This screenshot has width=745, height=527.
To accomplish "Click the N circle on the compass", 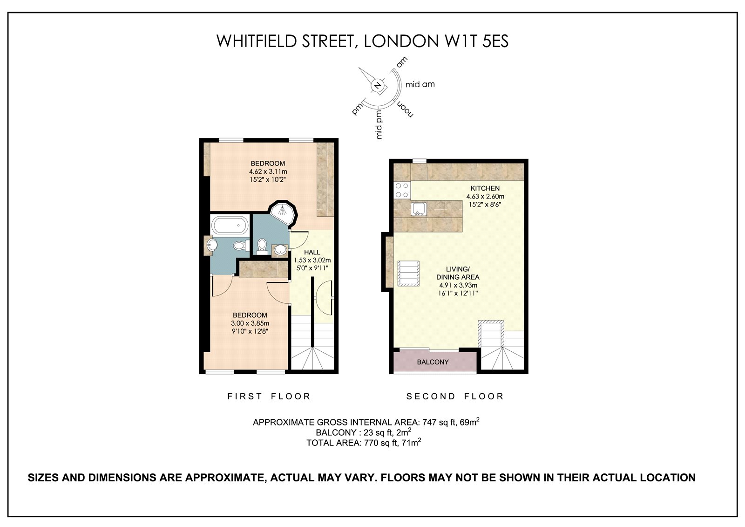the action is click(x=377, y=85).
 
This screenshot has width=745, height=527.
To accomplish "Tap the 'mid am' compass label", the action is click(x=420, y=84).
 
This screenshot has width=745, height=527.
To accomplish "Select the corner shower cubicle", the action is click(x=282, y=213).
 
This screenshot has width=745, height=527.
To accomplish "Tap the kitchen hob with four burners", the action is click(x=402, y=190).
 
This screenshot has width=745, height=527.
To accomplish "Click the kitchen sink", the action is click(x=419, y=209).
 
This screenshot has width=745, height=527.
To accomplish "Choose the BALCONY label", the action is click(x=433, y=362).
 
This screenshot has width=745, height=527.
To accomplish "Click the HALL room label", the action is click(x=312, y=252).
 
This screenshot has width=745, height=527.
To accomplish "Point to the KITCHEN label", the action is click(x=485, y=188).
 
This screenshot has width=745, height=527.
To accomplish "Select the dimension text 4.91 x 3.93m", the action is click(x=458, y=285).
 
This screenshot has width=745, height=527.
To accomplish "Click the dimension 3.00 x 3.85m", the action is click(x=250, y=323).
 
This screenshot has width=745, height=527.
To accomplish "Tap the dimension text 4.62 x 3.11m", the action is click(x=268, y=171).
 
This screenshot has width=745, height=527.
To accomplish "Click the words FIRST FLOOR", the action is click(x=269, y=396).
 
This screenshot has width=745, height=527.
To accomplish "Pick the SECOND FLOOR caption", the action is click(x=455, y=396).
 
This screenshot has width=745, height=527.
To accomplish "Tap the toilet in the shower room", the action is click(x=262, y=246).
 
